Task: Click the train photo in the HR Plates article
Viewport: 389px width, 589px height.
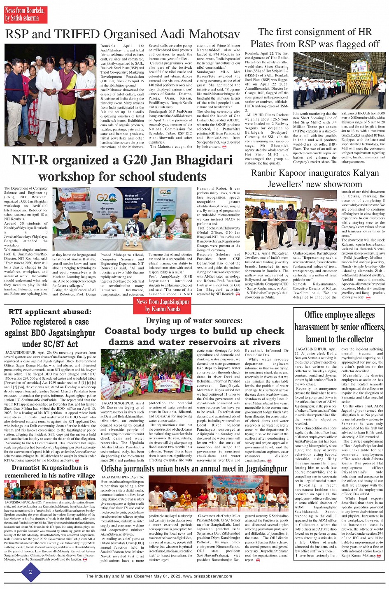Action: (339, 81)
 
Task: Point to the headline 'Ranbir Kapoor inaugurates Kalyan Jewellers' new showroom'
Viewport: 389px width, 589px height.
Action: (315, 178)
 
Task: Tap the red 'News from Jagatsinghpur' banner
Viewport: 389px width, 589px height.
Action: (163, 305)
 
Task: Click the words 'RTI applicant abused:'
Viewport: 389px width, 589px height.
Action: (50, 312)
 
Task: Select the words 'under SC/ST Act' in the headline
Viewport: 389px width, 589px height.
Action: (50, 344)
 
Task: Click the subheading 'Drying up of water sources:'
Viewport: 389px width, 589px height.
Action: (194, 321)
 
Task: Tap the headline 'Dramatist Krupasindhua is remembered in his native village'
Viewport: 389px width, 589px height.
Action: (50, 471)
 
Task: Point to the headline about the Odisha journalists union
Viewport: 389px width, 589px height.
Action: (194, 468)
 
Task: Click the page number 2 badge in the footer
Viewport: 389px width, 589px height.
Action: (30, 572)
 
